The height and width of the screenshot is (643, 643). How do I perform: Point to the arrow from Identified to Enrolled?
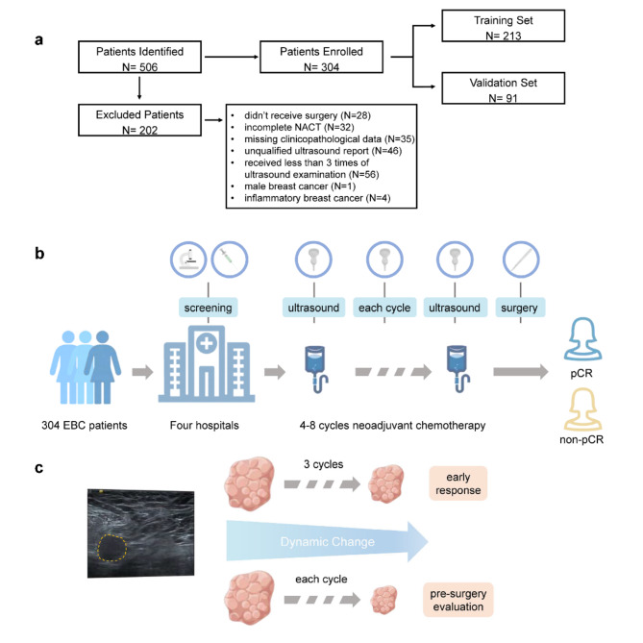point(232,57)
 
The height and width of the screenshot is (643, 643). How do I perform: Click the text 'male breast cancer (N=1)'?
point(300,186)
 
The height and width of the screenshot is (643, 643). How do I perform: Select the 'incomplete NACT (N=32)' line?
point(299,127)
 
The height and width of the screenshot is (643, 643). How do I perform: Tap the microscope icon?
point(188,260)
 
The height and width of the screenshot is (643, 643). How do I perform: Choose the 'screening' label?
point(208,308)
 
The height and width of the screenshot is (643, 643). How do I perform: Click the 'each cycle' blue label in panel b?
point(384,308)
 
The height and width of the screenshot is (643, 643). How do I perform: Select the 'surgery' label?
point(519,308)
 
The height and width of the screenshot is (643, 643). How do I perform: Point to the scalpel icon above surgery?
point(521,260)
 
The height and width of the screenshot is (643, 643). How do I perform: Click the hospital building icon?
point(207,364)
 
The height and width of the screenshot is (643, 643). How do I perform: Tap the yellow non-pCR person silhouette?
point(582,409)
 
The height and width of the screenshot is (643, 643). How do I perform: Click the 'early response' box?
point(458,483)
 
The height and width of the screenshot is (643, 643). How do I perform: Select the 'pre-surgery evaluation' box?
point(458,600)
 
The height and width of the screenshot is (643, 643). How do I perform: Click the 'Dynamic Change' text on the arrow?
point(327,542)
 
